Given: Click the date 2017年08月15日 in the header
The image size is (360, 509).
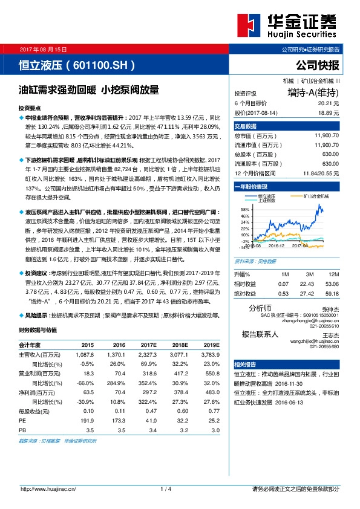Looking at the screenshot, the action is point(44,48).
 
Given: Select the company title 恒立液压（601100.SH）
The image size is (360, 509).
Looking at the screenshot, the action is point(73,64).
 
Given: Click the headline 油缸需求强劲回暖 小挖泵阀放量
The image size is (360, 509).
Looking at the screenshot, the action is point(89,90).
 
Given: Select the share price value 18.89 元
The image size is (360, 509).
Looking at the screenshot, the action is point(327,112).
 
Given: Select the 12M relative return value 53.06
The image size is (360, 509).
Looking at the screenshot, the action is point(331,284).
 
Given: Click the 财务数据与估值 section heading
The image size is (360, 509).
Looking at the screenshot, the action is point(38,330).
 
